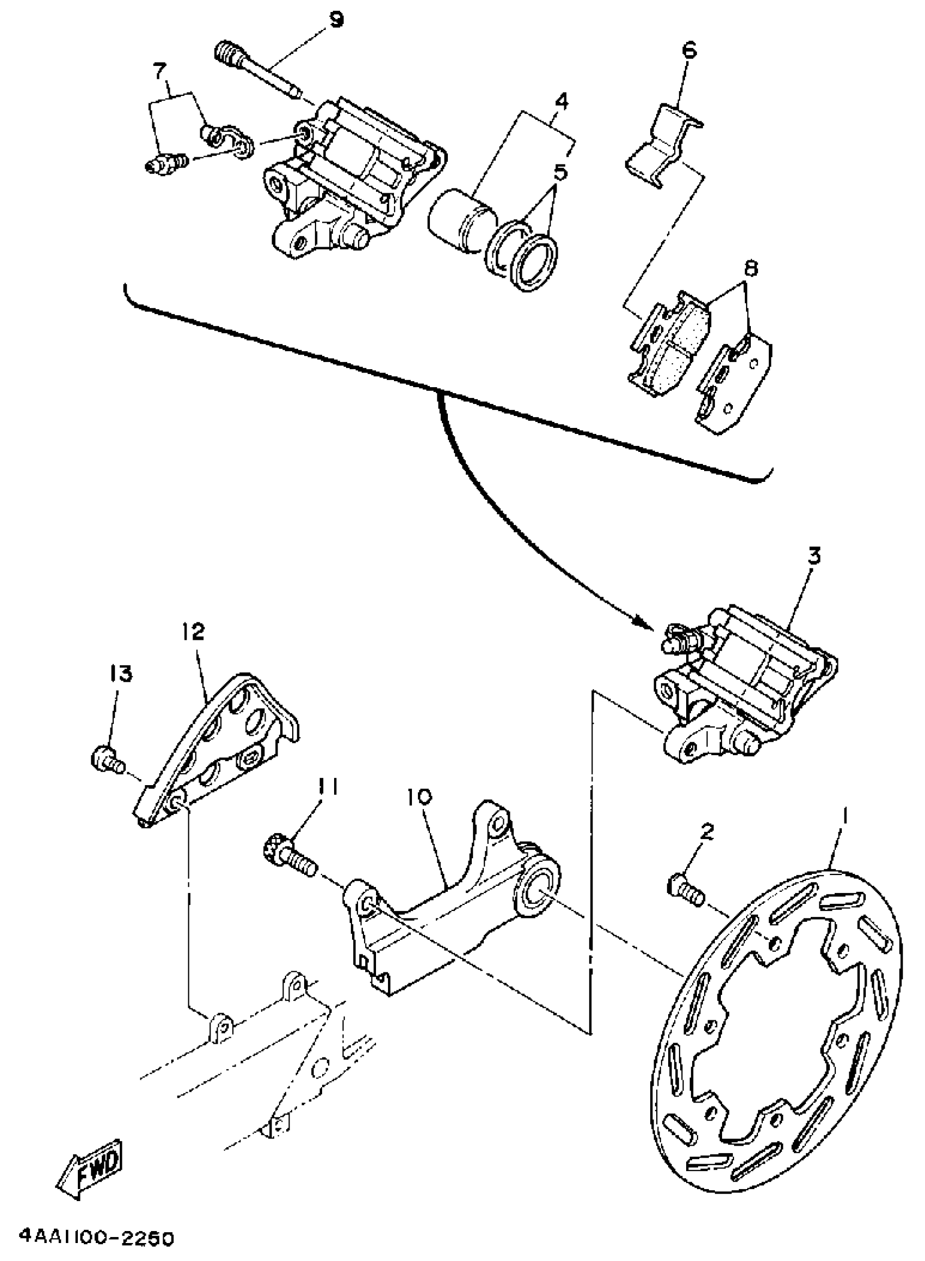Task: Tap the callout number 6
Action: (689, 51)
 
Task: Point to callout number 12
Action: (193, 632)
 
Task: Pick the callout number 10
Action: (423, 796)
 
